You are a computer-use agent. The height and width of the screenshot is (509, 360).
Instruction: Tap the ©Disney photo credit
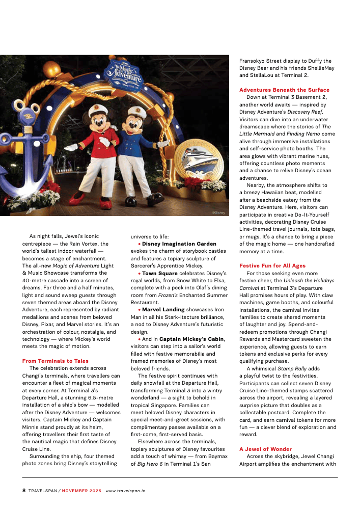[x=218, y=212]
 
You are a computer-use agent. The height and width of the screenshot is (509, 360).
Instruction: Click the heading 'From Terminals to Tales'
[x=55, y=361]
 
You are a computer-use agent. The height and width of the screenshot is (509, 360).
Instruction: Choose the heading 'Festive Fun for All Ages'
[x=272, y=265]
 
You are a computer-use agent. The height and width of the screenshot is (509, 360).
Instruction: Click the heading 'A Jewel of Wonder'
[x=265, y=449]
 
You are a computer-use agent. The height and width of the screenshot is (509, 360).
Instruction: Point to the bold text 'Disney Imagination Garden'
[x=179, y=244]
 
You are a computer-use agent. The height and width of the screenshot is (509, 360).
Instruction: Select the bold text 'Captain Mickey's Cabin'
[x=189, y=338]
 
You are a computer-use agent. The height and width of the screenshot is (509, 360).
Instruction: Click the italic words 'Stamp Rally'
[x=290, y=368]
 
